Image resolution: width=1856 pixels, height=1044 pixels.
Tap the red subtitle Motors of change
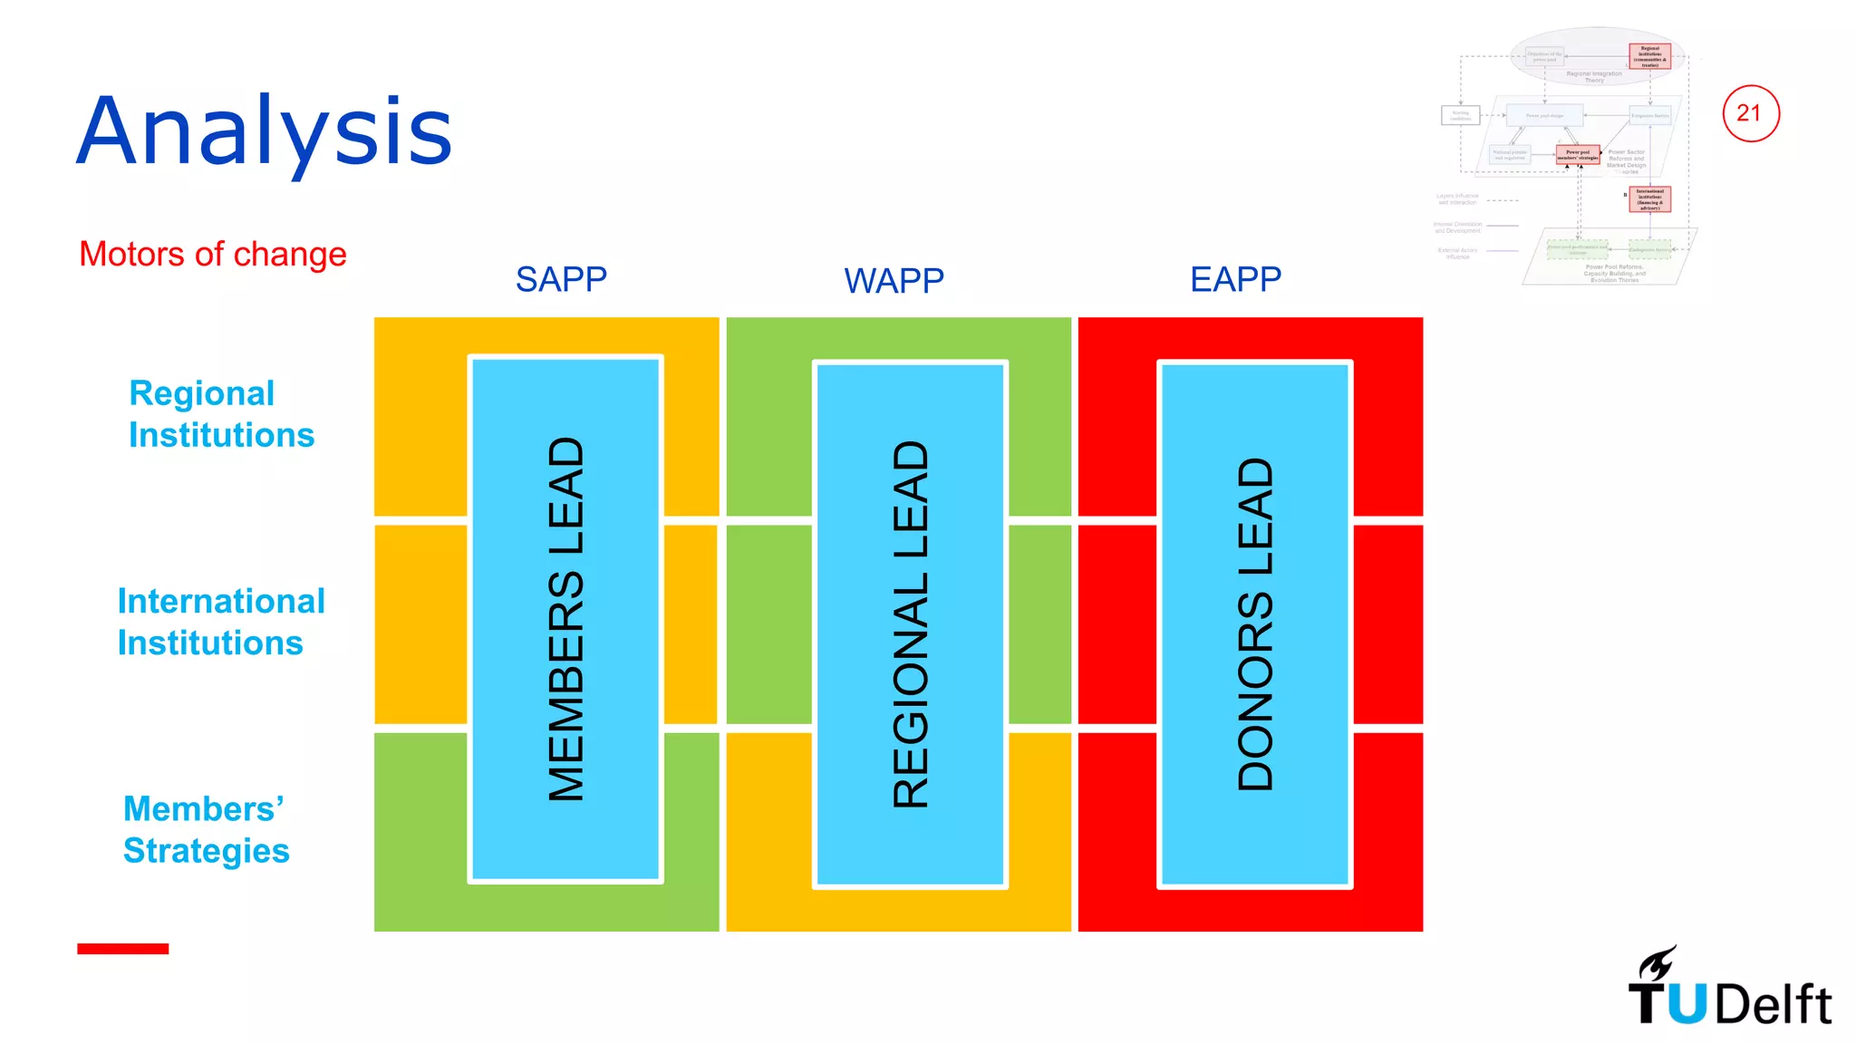click(212, 254)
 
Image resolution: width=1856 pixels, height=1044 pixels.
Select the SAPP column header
click(561, 279)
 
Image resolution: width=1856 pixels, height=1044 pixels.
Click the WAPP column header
click(894, 280)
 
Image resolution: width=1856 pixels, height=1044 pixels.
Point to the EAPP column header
click(1235, 279)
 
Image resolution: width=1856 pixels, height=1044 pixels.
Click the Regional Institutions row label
click(220, 414)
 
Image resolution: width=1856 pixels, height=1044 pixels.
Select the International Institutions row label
click(220, 622)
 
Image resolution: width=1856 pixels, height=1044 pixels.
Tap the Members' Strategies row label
click(206, 829)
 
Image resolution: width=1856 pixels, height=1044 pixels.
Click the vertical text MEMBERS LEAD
click(566, 619)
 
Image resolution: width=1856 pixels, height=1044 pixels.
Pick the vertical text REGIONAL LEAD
click(911, 624)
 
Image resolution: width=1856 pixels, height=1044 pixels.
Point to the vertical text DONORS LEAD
click(1255, 624)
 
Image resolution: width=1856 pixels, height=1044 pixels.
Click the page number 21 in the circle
click(1750, 113)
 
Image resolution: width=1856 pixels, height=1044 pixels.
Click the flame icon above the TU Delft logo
click(1658, 962)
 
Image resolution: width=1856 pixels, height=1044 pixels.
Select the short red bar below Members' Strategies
click(122, 949)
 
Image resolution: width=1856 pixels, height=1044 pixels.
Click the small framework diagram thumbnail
click(1567, 156)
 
